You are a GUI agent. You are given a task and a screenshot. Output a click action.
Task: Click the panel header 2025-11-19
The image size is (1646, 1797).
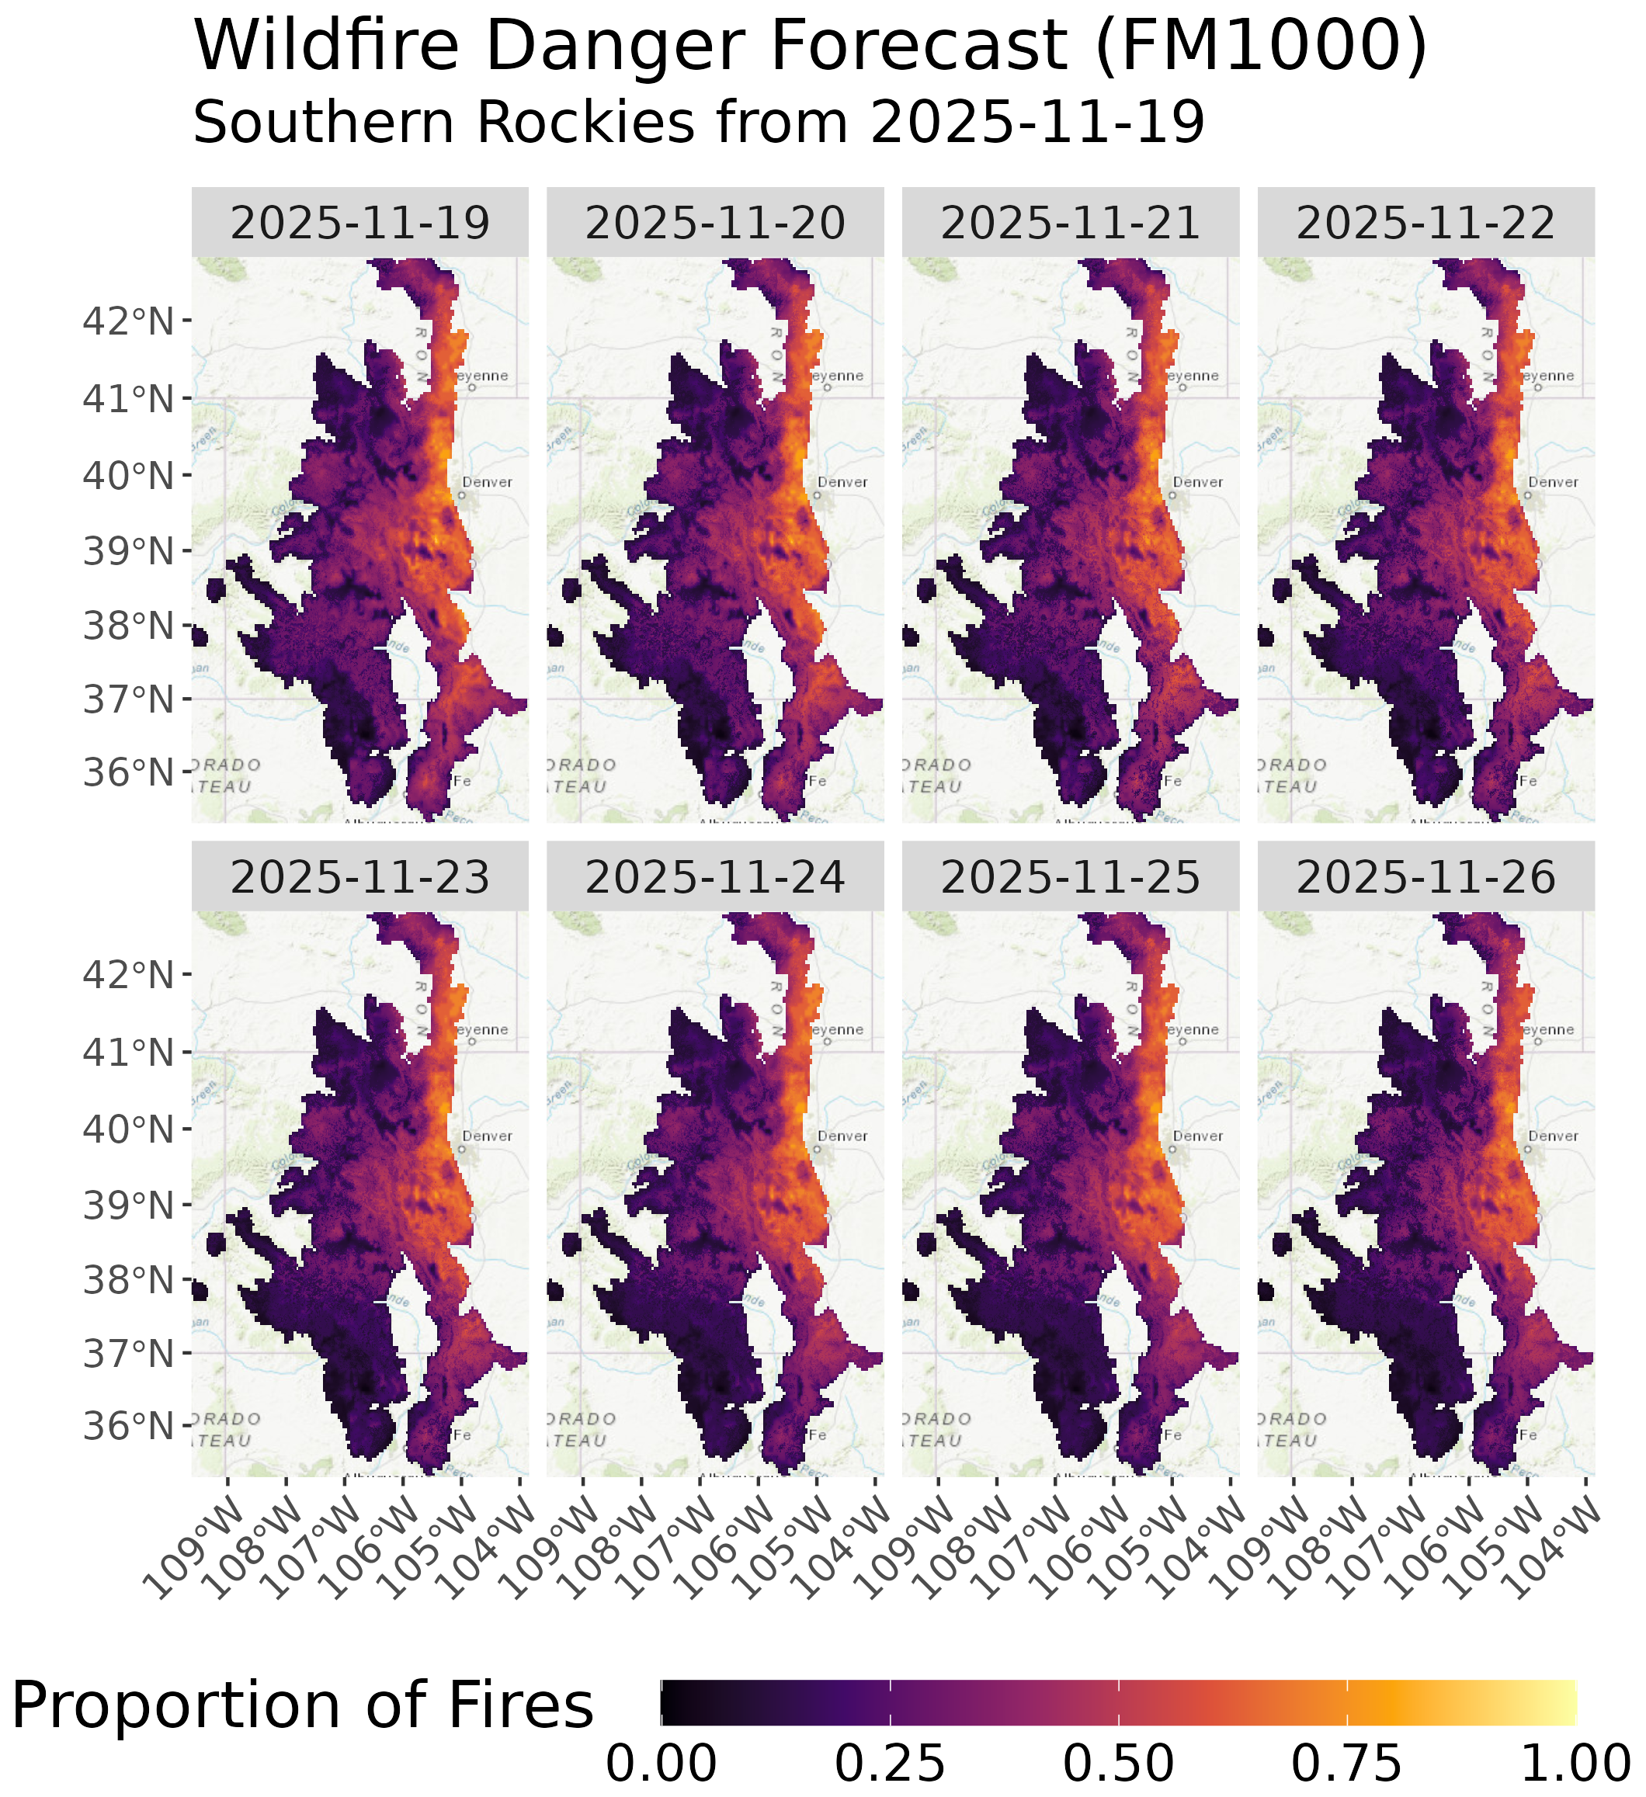coord(360,223)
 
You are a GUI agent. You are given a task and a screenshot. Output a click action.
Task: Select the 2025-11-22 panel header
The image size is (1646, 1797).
coord(1425,223)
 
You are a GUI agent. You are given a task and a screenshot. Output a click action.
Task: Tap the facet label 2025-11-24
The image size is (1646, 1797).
coord(715,877)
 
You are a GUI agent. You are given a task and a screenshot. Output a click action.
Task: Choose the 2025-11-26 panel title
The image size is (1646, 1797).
coord(1425,877)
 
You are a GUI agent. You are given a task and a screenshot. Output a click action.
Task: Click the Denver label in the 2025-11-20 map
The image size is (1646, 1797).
coord(842,482)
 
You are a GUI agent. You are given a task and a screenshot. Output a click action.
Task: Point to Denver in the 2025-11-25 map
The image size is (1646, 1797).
coord(1197,1136)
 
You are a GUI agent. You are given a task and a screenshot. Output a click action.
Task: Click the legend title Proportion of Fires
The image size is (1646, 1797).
coord(301,1705)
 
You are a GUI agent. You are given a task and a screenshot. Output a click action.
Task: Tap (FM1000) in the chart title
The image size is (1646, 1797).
coord(1262,47)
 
